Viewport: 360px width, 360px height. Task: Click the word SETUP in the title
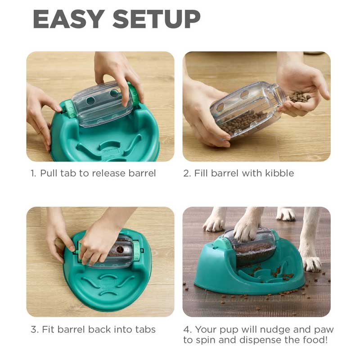pos(157,19)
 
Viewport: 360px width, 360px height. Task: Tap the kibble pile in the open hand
pos(299,97)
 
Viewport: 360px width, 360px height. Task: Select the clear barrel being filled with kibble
pos(247,110)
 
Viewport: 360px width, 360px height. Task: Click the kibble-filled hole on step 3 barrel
pos(120,250)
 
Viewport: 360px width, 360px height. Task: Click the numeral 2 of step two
pos(187,173)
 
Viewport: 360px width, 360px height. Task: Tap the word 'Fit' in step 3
pos(48,329)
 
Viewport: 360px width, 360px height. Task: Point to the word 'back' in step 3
pos(99,329)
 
